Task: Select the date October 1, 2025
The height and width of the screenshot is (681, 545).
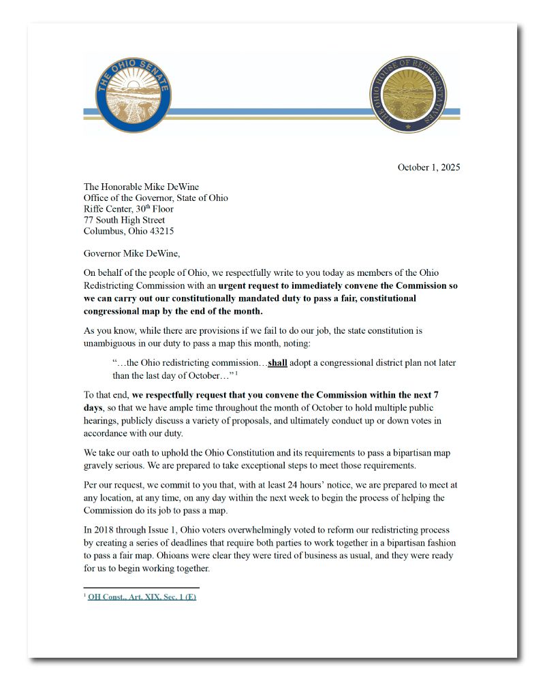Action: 429,168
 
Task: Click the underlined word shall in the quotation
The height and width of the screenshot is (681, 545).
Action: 277,363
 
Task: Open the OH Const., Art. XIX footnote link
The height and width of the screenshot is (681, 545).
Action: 142,597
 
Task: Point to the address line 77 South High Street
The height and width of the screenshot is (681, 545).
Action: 124,220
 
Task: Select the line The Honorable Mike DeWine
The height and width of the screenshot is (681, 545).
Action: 141,187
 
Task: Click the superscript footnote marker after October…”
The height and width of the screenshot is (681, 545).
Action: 236,373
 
